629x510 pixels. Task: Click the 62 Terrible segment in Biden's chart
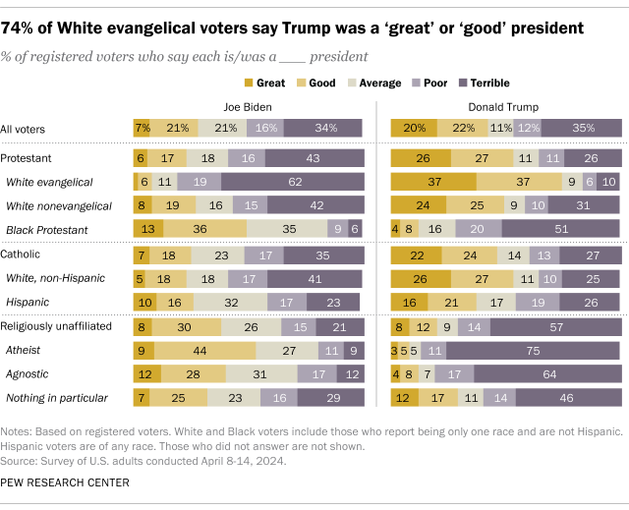(x=293, y=181)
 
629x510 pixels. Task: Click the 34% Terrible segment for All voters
(x=321, y=128)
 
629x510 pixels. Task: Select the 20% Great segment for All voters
(x=414, y=128)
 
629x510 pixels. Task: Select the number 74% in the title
(x=29, y=21)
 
